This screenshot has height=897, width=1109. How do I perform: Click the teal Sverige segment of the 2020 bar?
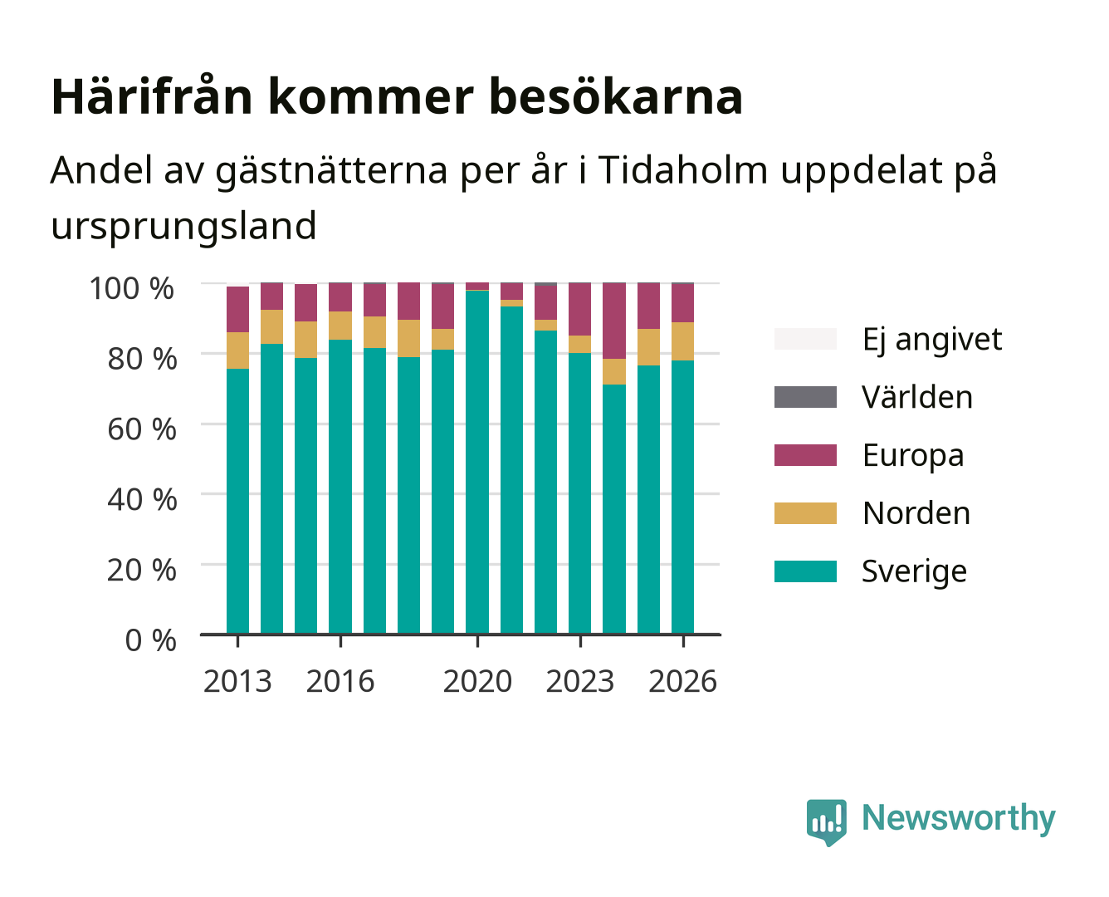tap(477, 462)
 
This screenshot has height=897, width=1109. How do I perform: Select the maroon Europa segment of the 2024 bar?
tap(614, 321)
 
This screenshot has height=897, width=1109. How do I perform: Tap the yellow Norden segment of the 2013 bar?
tap(237, 350)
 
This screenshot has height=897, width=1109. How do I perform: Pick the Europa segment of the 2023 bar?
tap(579, 310)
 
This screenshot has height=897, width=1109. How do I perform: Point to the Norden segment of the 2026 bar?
tap(682, 341)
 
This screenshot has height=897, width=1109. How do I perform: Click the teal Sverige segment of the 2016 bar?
tap(340, 487)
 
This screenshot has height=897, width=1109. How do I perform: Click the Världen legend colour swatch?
tap(805, 397)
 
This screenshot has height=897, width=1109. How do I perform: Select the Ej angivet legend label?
tap(932, 341)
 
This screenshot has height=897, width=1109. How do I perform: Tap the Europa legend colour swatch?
tap(805, 455)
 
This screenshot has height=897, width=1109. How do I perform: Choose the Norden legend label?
tap(916, 513)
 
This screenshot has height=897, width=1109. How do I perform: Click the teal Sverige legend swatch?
tap(805, 571)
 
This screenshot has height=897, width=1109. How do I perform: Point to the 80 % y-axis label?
tap(142, 359)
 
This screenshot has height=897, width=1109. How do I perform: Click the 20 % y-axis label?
tap(142, 570)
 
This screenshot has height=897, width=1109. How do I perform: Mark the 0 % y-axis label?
tap(150, 640)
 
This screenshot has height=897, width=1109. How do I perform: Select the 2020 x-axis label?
tap(477, 681)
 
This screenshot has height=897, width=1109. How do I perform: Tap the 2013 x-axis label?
tap(237, 681)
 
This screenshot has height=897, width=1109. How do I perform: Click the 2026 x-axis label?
tap(682, 681)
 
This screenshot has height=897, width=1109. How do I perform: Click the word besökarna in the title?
tap(615, 96)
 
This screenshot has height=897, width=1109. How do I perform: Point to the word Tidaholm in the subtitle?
tap(682, 169)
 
